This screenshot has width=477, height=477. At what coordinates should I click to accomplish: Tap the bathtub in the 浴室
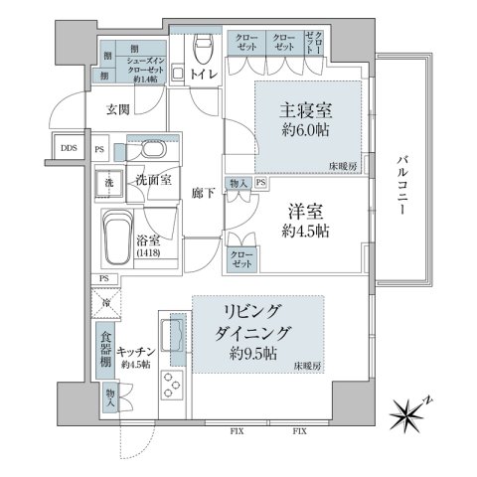click(124, 239)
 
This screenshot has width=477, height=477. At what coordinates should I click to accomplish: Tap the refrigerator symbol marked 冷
click(105, 301)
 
